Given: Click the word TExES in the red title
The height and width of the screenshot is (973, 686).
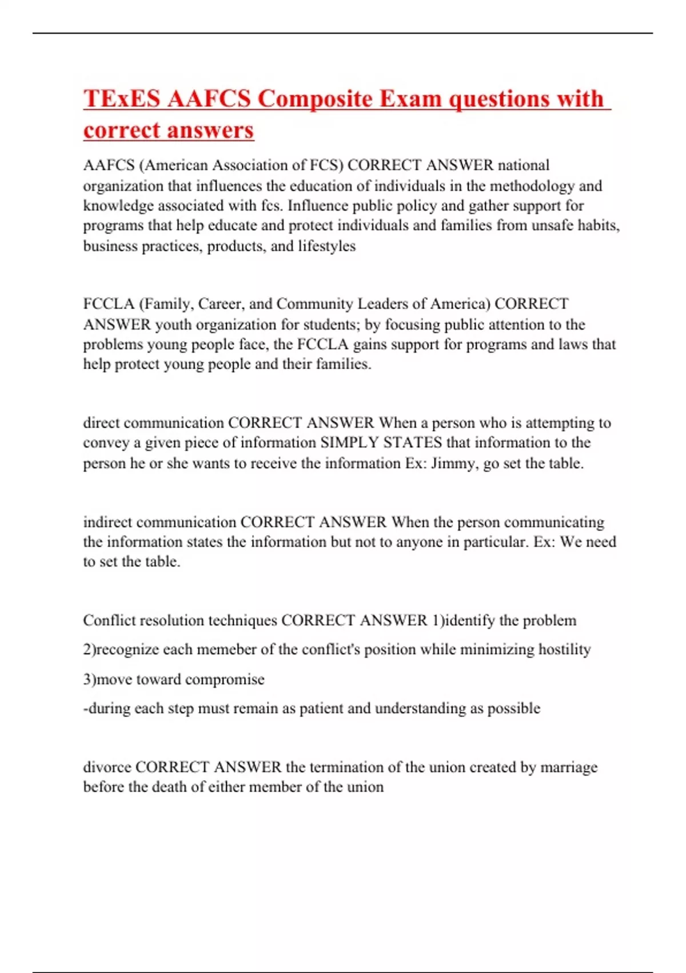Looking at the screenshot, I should click(122, 98).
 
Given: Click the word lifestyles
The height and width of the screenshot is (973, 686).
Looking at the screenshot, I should click(326, 246).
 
